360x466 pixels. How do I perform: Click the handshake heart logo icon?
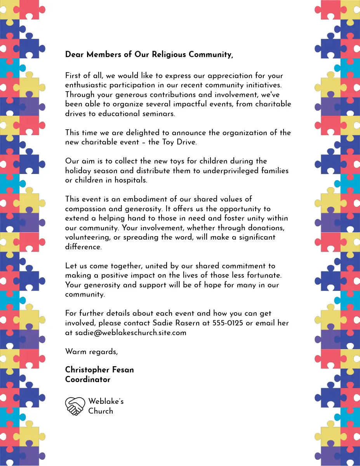coord(75,406)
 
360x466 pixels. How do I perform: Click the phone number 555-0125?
coord(228,323)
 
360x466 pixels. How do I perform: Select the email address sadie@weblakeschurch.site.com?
coord(130,333)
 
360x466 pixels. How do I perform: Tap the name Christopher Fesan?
coord(99,370)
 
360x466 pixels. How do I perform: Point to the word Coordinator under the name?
coord(88,380)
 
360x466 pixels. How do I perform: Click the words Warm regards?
coord(91,352)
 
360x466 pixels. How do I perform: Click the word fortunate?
coord(264,275)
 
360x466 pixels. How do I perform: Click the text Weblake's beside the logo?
coord(106,401)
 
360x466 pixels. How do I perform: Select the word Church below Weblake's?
coord(101,411)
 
